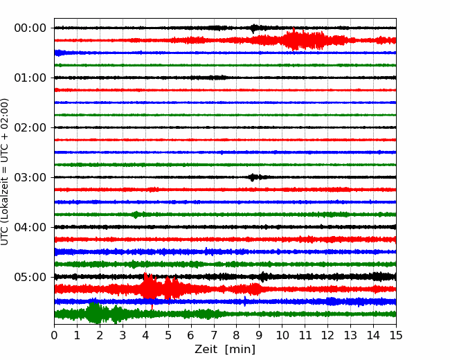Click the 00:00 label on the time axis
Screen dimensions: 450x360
30,28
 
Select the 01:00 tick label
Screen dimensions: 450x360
30,78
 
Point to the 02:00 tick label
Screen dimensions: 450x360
30,127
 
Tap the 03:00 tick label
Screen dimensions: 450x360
30,177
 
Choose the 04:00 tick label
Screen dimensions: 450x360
30,227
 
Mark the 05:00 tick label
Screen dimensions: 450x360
30,277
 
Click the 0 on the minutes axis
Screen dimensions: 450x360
54,335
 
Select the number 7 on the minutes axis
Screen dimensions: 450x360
214,335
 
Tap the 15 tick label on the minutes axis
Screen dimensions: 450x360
396,335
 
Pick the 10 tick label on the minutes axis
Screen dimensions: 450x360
282,335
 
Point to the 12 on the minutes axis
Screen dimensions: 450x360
327,335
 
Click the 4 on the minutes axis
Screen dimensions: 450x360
145,335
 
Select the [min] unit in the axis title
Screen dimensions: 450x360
240,350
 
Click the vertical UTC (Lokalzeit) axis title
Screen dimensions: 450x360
4,172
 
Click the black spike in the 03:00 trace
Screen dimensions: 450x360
252,177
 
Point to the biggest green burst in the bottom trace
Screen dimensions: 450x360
94,313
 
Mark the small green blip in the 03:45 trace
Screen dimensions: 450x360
136,215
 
